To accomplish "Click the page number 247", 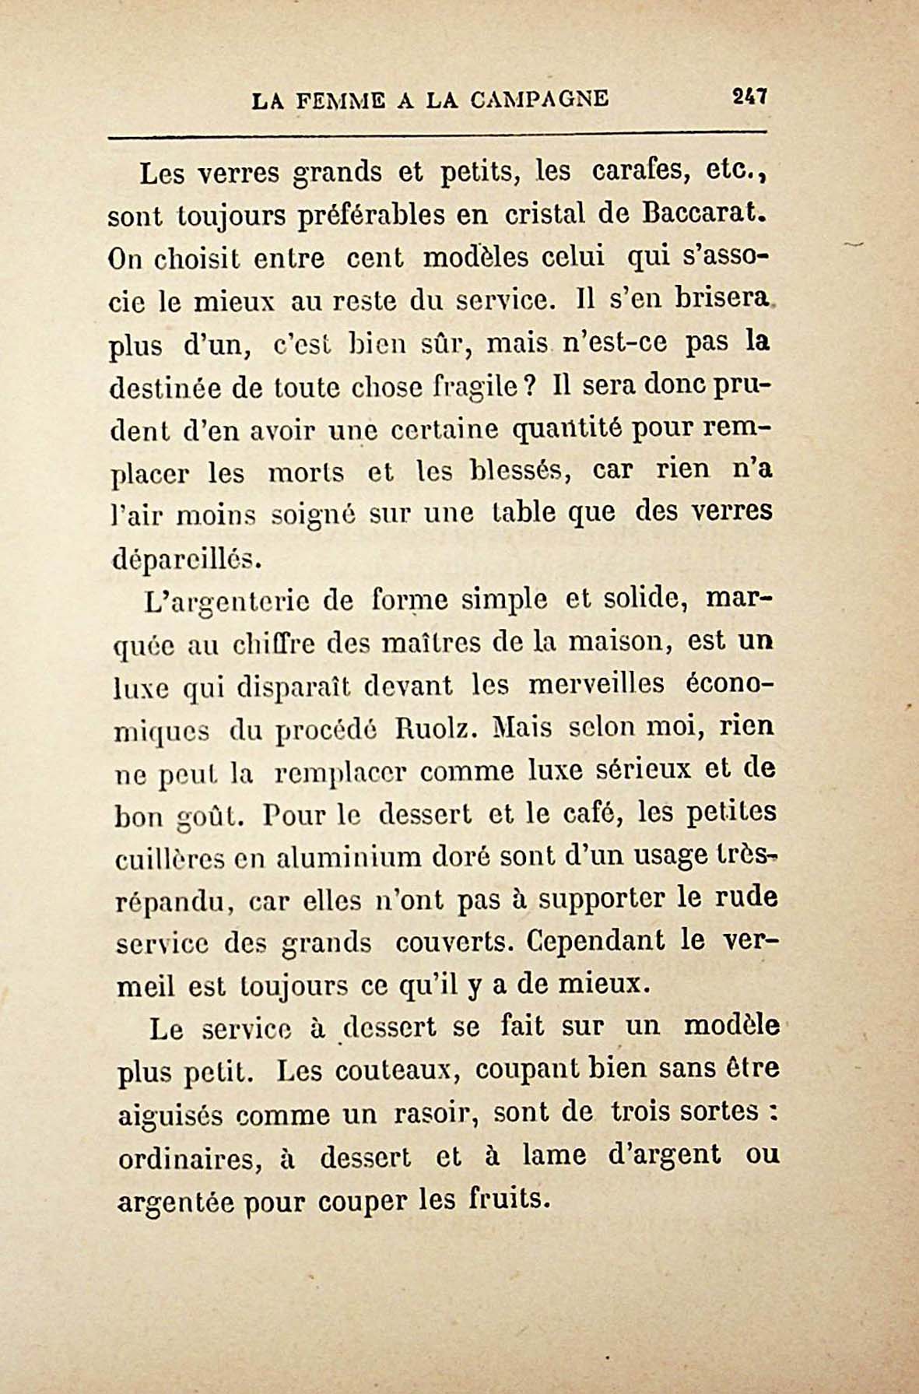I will coord(749,97).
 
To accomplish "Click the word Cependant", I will coord(595,941).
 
